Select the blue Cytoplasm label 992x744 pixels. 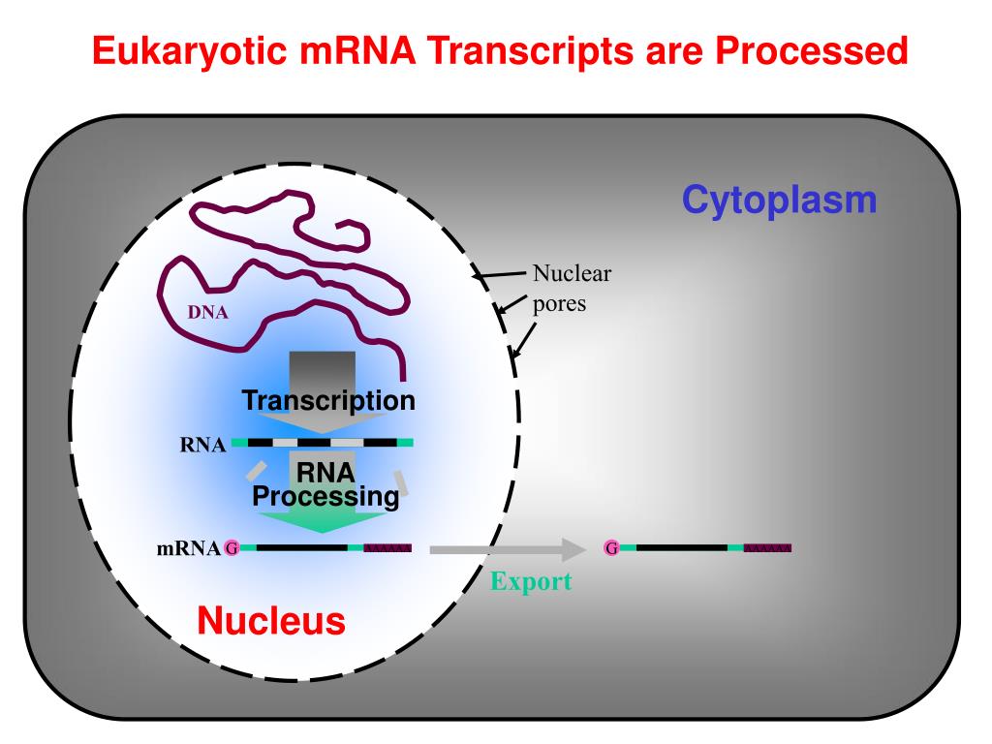coord(779,201)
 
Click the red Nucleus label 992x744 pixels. coord(271,620)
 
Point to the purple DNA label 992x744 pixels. coord(207,313)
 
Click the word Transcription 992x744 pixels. coord(328,400)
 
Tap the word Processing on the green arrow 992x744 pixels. coord(325,497)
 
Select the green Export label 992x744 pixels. coord(530,581)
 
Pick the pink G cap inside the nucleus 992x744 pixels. coord(231,548)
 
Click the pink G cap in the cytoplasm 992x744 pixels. coord(611,548)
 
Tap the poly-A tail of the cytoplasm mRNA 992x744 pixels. coord(767,548)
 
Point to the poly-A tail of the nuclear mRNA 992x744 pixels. coord(387,548)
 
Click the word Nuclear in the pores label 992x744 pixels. coord(572,273)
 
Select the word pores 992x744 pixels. coord(559,302)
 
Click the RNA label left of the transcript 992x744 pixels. coord(202,446)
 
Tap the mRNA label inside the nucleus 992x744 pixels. coord(188,549)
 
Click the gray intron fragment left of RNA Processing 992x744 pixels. coord(255,471)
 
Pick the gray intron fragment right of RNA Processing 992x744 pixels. coord(400,481)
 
